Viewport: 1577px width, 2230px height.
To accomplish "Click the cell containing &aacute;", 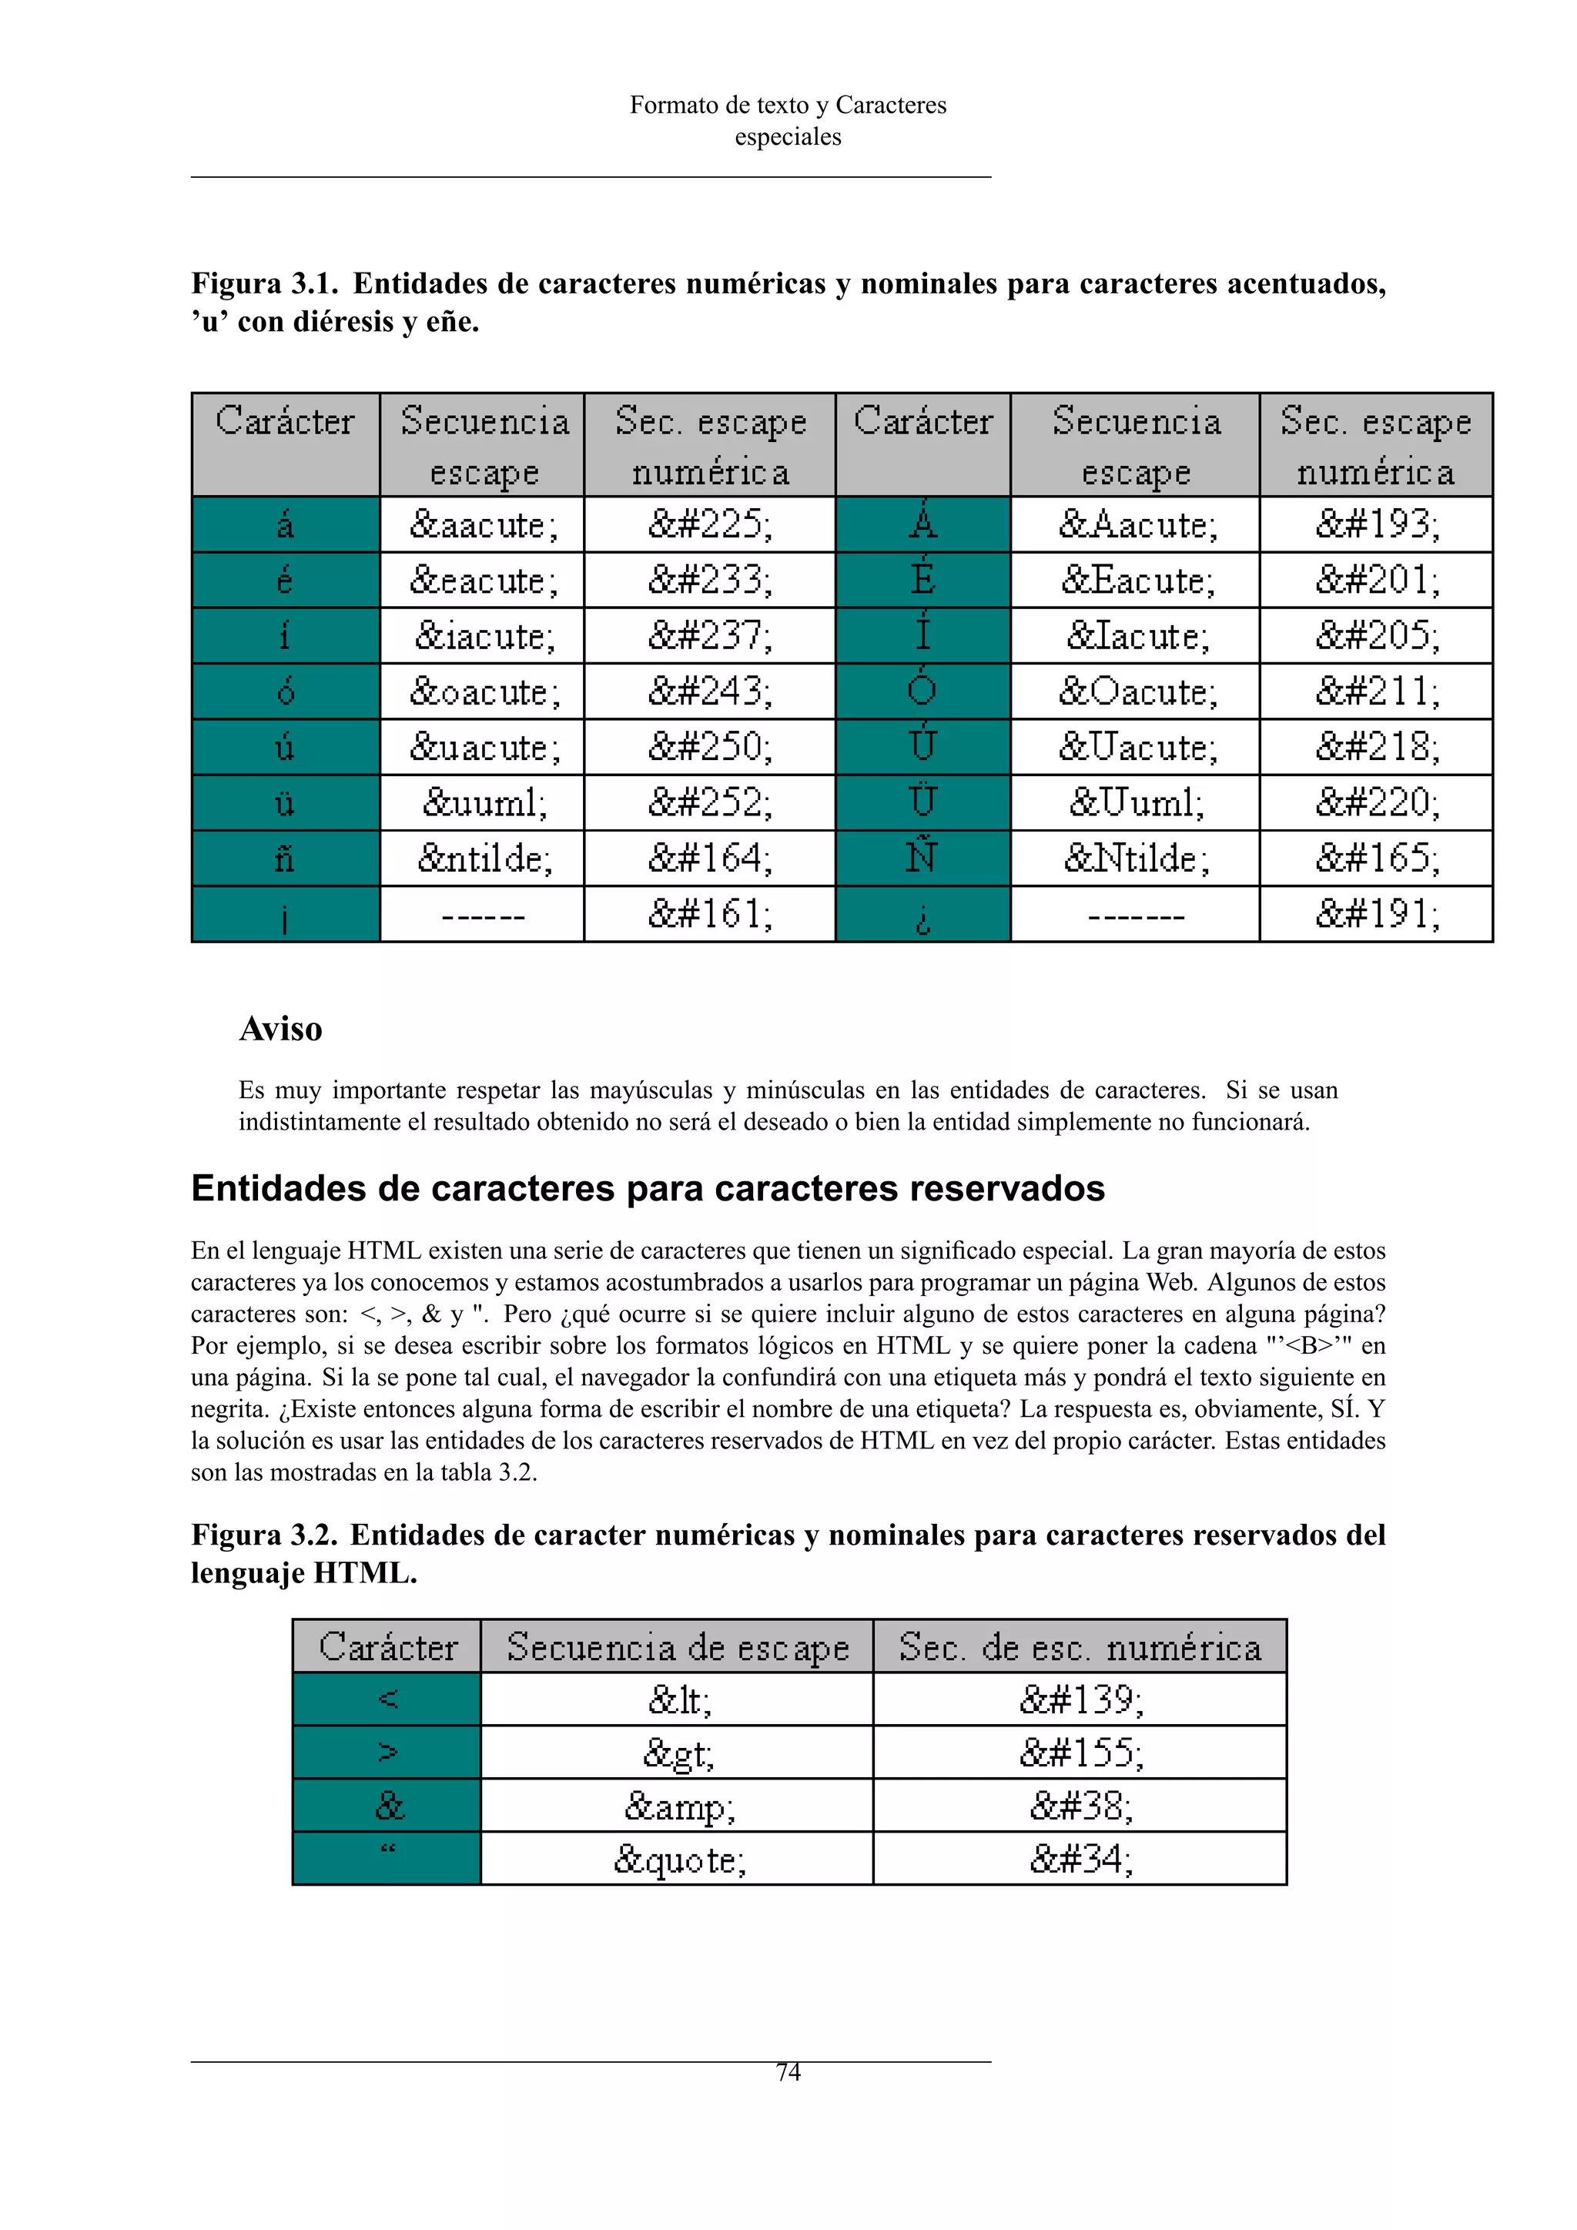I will point(483,524).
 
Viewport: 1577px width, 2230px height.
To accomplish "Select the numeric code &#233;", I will point(710,580).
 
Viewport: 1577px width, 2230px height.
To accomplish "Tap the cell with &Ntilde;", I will point(1135,859).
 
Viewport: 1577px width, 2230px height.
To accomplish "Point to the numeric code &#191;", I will point(1376,914).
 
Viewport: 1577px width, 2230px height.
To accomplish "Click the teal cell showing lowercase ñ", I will point(286,859).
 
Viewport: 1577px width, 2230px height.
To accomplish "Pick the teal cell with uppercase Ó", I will point(922,691).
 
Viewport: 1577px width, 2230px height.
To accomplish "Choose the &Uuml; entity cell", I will point(1135,803).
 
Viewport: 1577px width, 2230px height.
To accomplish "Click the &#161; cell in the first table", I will point(710,914).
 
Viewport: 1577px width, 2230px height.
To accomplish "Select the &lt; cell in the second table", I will point(678,1699).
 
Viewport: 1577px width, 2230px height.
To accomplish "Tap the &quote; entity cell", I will point(678,1859).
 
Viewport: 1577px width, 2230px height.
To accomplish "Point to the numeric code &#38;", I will point(1080,1806).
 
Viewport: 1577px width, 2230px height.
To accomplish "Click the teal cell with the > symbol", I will point(387,1752).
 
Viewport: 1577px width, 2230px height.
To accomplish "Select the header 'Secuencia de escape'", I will point(678,1647).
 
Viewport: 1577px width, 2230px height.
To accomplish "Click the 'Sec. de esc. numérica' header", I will point(1080,1647).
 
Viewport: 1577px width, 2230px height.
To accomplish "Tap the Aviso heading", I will point(280,1029).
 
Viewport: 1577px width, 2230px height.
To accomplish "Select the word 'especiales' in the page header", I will point(788,137).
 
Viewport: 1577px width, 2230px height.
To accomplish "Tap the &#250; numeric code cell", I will point(710,747).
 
